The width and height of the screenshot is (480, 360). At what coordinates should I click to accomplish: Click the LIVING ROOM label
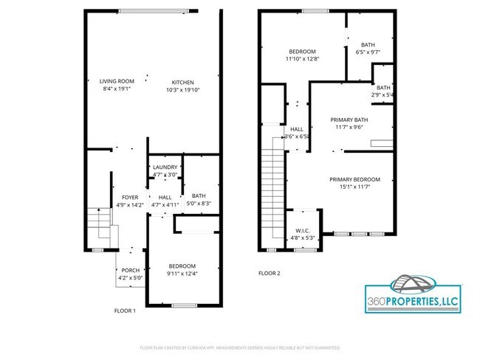(x=117, y=81)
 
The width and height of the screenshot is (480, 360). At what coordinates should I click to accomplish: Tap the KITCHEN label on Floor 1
(x=183, y=82)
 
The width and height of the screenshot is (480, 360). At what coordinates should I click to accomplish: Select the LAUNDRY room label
(x=165, y=168)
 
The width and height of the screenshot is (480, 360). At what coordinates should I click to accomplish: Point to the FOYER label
(x=130, y=198)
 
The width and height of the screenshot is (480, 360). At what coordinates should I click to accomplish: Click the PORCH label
(x=130, y=270)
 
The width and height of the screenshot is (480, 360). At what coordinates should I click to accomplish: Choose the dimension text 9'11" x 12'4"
(x=182, y=274)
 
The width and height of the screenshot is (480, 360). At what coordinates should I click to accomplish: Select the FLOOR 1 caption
(x=125, y=311)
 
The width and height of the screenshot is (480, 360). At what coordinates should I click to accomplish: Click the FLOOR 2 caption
(x=270, y=273)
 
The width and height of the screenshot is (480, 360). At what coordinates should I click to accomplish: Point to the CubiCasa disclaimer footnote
(x=240, y=347)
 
